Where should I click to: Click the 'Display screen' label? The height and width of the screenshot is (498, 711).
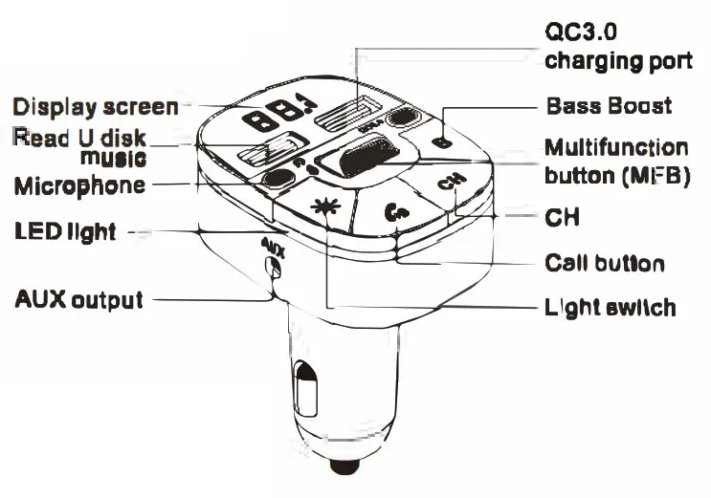coord(95,106)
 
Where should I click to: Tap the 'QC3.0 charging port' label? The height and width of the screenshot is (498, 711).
coord(617,46)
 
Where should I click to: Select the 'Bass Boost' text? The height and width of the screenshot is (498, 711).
coord(608,105)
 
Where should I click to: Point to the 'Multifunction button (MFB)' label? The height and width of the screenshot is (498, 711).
coord(615,162)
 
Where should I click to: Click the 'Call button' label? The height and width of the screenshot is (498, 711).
coord(604,263)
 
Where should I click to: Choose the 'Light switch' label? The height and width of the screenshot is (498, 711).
coord(610,307)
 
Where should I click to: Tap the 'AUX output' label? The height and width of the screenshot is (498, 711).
coord(78,299)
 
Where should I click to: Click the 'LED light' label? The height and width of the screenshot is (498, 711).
coord(65,231)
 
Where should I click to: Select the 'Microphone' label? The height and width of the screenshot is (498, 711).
coord(79,184)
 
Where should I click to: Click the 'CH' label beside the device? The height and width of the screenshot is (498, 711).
coord(563,219)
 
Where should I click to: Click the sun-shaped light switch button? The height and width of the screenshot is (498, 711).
coord(325,205)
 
